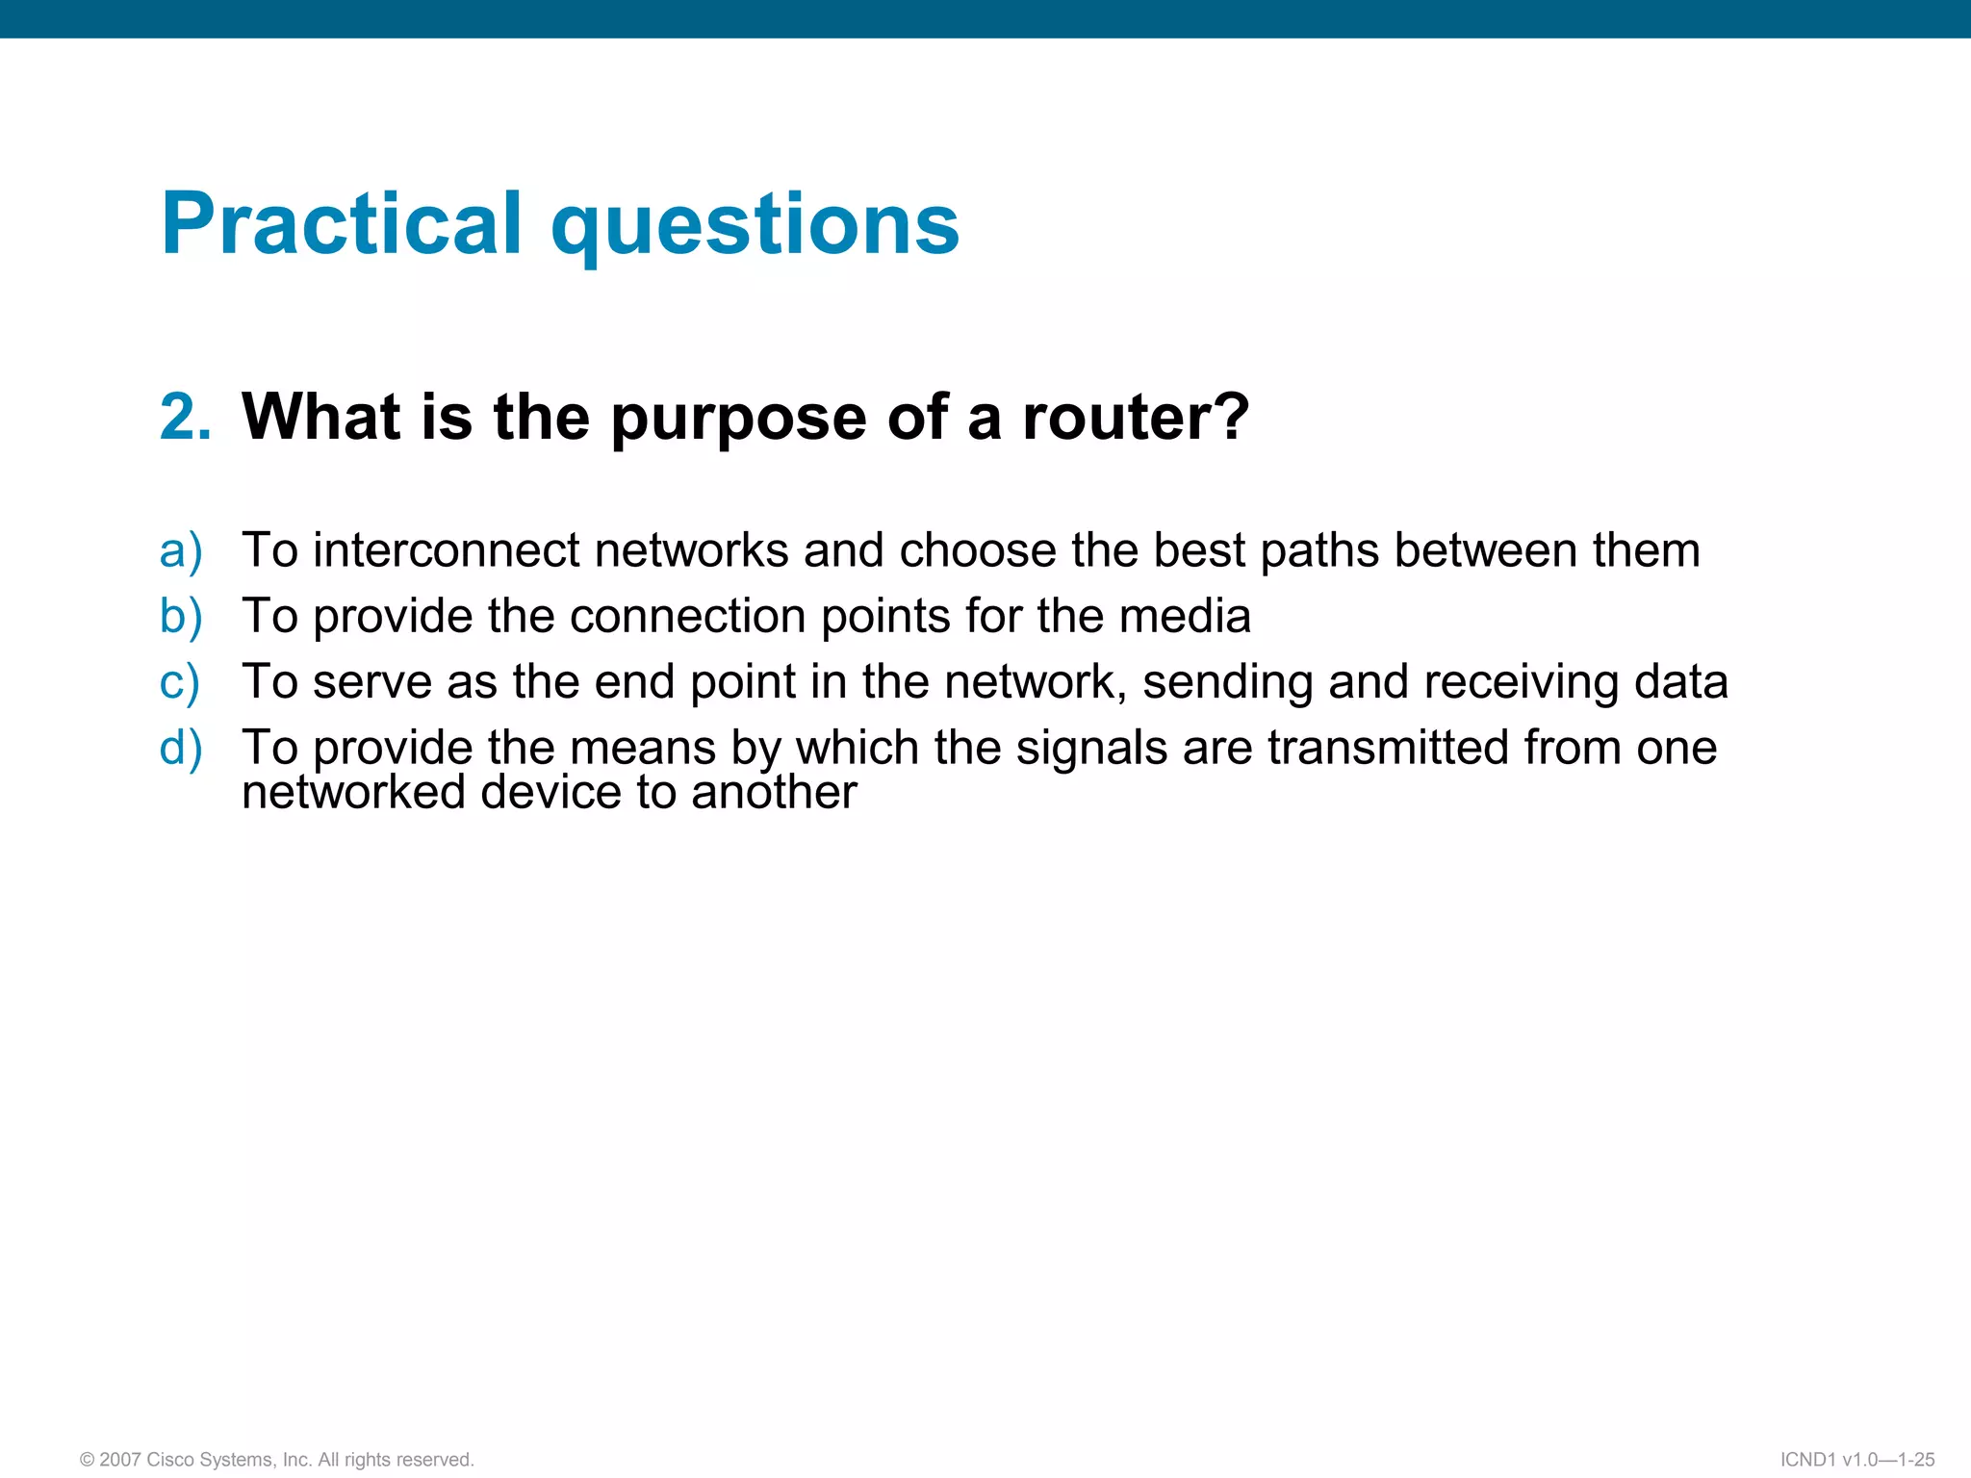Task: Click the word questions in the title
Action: click(x=755, y=227)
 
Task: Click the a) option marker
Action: click(x=181, y=551)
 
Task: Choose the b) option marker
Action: click(x=181, y=617)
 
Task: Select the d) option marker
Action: click(x=181, y=748)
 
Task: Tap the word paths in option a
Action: click(x=1319, y=552)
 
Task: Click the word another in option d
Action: click(x=774, y=793)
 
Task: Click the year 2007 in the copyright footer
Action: click(x=120, y=1460)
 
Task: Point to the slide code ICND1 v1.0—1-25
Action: click(x=1857, y=1460)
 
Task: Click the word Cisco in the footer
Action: click(x=170, y=1460)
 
